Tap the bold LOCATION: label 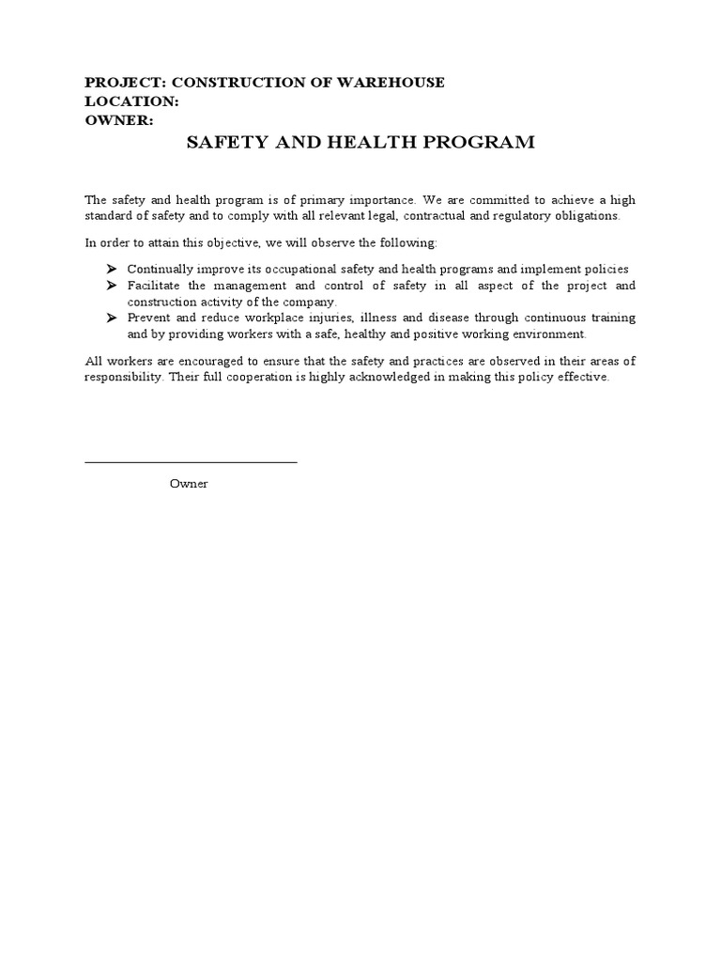[131, 101]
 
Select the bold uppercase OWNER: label [119, 120]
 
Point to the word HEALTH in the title [372, 143]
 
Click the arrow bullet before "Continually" [110, 269]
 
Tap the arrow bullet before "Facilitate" [110, 285]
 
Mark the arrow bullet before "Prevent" [110, 318]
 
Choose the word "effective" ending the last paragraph [581, 378]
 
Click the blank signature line [191, 461]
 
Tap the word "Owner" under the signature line [189, 483]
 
